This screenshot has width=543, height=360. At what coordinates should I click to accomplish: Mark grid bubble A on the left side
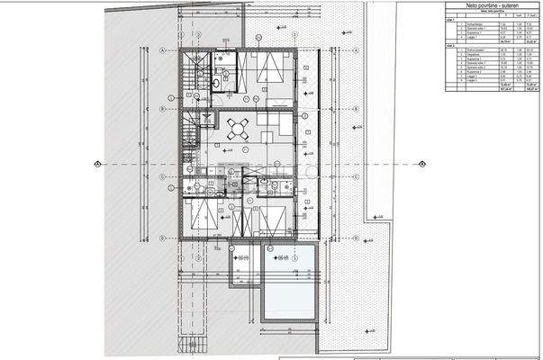(x=161, y=51)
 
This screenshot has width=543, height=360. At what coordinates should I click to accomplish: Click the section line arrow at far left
(x=96, y=164)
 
